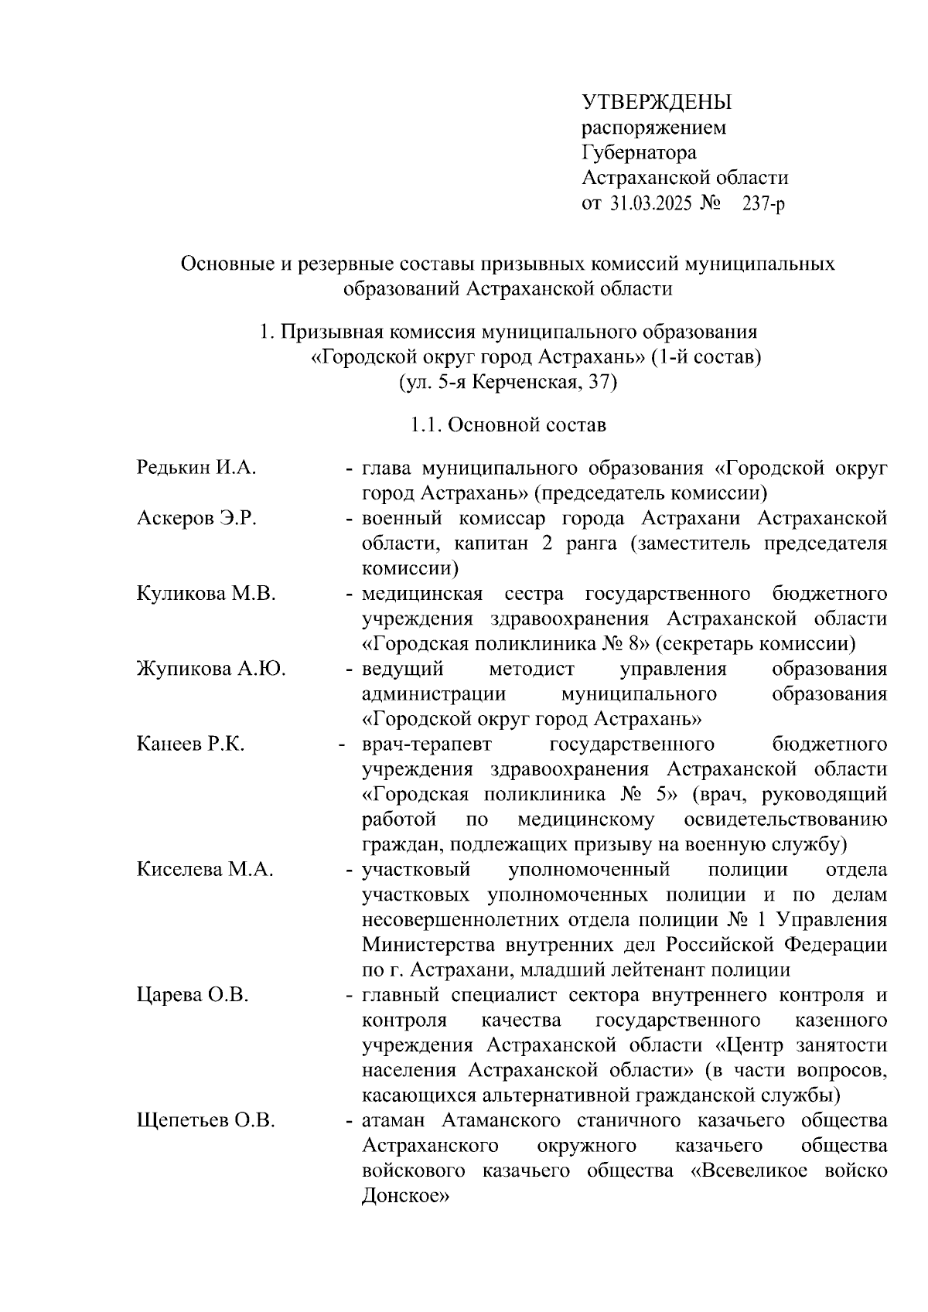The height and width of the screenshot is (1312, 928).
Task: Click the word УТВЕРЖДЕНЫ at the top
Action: (x=656, y=102)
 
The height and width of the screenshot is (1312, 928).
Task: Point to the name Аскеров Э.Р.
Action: (x=196, y=518)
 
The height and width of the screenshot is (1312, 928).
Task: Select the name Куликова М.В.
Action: (x=206, y=594)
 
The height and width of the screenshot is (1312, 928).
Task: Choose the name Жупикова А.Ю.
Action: (x=211, y=669)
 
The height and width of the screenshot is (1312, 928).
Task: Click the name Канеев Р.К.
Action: (x=190, y=744)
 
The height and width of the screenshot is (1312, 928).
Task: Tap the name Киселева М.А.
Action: (x=205, y=869)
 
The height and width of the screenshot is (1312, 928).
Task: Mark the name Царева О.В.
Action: (x=193, y=994)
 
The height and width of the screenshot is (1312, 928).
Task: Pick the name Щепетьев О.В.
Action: (x=206, y=1120)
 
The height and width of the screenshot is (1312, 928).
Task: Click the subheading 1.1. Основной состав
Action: (x=508, y=424)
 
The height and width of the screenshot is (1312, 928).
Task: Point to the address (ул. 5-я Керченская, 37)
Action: (x=507, y=382)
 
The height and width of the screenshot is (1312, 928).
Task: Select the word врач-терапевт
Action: (x=427, y=744)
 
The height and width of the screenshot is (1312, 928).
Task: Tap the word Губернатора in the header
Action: (x=639, y=152)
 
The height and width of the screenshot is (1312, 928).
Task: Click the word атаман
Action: (x=397, y=1120)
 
